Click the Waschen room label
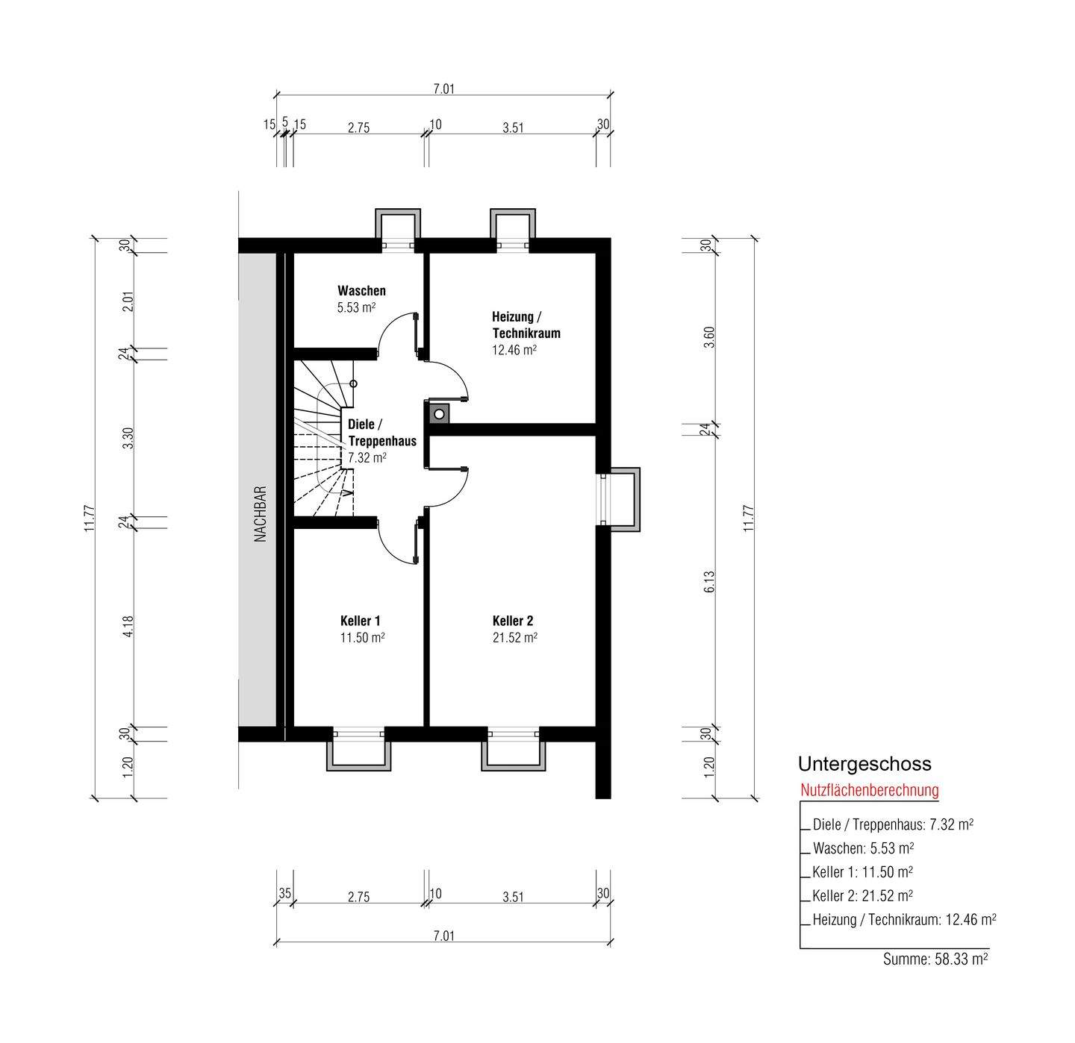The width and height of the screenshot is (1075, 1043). coord(361,290)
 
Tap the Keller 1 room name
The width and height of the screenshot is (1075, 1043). coord(360,621)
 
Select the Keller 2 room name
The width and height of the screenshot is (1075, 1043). coord(513,621)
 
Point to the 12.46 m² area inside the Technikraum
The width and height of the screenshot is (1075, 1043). coord(514,349)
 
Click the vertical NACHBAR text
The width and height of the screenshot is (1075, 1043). coord(261,514)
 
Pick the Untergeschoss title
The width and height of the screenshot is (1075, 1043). coord(864,764)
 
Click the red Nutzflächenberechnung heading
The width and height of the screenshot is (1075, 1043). coord(870,790)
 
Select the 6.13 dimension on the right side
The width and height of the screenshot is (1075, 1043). coord(710,582)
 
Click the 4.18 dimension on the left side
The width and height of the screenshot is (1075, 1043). coord(128,627)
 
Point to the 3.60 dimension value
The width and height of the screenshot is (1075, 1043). coord(710,336)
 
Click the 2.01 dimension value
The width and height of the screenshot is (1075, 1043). coord(128,301)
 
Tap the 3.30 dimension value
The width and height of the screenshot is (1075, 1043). coord(128,438)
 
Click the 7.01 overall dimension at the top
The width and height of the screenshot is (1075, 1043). coord(443,89)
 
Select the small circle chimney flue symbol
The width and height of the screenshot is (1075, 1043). coord(439,413)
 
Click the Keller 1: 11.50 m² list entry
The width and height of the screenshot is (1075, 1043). coord(862,872)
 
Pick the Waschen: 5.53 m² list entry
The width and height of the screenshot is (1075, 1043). coord(864,848)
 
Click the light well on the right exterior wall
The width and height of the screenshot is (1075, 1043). coord(621,499)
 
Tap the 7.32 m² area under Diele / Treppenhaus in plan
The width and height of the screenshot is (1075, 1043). coord(367,457)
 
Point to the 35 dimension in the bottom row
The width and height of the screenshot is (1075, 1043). coord(284,893)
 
